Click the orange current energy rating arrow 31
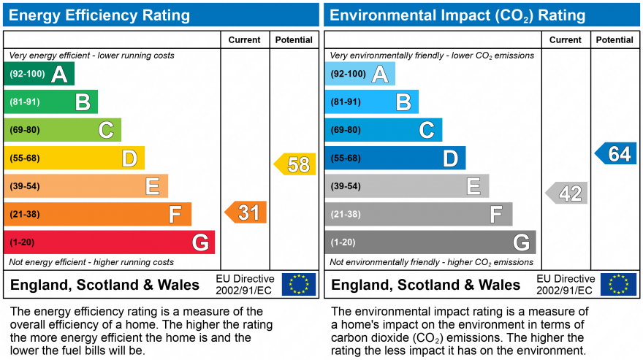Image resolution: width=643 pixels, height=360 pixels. coord(246,212)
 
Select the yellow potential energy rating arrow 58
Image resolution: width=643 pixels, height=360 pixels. coord(296,164)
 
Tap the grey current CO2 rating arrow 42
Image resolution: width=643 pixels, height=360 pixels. coord(567,194)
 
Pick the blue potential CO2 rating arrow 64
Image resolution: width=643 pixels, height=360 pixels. coord(615,154)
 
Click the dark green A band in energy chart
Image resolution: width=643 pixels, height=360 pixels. coord(39,74)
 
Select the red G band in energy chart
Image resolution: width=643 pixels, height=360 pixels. coord(110,242)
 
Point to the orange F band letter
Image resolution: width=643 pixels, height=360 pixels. coord(175,215)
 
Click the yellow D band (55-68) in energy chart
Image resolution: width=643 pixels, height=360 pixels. coord(74,158)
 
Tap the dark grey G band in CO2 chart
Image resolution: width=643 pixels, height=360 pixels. coord(430,242)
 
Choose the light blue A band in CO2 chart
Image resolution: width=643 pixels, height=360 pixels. coord(359,74)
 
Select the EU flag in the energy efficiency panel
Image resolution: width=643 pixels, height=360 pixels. coord(299,284)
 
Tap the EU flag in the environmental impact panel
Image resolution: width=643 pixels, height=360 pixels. coord(618,284)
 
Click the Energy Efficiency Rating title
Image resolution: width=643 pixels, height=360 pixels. coord(100,15)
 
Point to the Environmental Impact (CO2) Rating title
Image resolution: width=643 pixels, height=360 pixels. coord(458,15)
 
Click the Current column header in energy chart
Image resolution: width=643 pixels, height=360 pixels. coord(245,40)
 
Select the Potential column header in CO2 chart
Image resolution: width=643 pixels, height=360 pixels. coord(615,40)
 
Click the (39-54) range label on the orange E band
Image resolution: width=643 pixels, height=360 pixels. coord(24,186)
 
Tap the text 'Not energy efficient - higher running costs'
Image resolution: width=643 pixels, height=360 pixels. coord(91,262)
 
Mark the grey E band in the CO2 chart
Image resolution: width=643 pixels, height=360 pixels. coord(406,186)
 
